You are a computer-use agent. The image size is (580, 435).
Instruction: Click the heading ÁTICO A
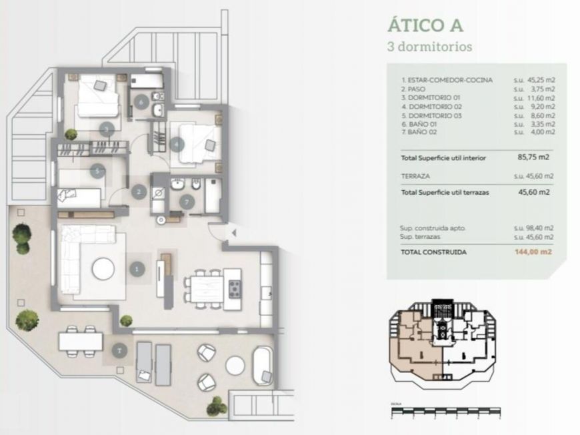click(x=425, y=25)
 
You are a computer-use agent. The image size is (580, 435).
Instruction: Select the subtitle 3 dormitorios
click(x=430, y=47)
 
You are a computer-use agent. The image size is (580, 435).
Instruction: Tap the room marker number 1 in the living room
click(x=137, y=270)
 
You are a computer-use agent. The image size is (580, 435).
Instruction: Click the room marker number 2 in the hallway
click(x=139, y=192)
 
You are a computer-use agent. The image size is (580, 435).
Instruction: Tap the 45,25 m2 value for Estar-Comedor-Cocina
click(x=539, y=80)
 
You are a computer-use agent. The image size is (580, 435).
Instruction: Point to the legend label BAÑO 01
click(x=419, y=124)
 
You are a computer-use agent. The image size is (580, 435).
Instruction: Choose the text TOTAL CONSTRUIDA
click(x=433, y=252)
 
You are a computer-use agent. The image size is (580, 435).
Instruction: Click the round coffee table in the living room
click(x=103, y=269)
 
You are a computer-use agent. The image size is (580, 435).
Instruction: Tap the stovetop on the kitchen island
click(x=235, y=288)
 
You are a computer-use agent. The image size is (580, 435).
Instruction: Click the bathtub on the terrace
click(x=263, y=366)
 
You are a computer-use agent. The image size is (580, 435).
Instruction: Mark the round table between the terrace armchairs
click(x=235, y=366)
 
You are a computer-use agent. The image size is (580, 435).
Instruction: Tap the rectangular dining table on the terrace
click(x=81, y=341)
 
